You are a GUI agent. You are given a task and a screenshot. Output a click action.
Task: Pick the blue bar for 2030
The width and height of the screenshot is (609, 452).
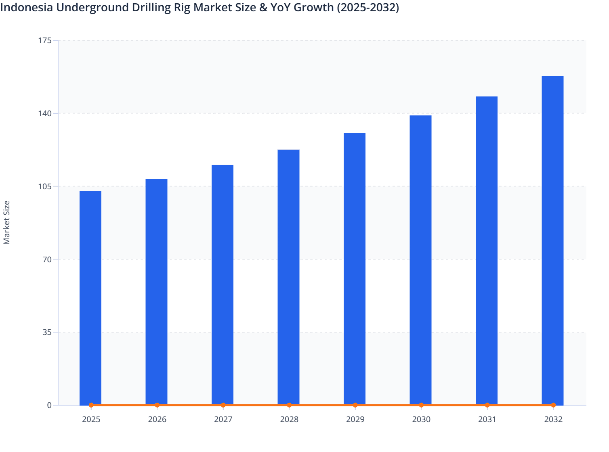(420, 260)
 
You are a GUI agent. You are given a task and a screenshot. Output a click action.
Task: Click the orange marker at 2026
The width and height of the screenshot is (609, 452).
(157, 405)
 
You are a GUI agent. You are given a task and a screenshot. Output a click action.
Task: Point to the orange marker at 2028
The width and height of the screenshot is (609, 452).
(289, 405)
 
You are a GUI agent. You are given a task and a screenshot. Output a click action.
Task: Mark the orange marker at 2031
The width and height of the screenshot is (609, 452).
(487, 405)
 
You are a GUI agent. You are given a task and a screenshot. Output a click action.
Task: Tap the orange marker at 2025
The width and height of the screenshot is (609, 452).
(91, 405)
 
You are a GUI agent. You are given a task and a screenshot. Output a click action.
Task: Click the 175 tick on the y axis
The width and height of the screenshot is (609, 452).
(46, 40)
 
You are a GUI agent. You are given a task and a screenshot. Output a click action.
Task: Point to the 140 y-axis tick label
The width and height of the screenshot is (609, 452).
(46, 113)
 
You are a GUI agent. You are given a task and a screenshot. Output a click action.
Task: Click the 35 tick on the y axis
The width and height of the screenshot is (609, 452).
(48, 333)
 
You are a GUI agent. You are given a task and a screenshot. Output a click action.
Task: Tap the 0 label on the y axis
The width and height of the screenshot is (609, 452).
(50, 405)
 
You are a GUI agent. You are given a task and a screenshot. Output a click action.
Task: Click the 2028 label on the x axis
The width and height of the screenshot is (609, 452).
(289, 420)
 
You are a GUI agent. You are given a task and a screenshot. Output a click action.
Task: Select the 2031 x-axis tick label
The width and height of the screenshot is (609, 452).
(487, 420)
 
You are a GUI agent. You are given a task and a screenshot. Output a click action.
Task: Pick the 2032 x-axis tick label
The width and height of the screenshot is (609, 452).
(553, 420)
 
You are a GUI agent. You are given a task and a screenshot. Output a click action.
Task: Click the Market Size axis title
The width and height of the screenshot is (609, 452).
(6, 222)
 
